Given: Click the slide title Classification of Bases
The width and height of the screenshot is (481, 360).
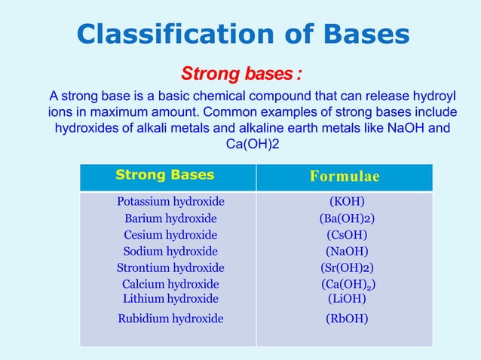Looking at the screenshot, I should tap(244, 34).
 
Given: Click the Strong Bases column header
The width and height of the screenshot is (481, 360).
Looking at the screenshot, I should tap(164, 175).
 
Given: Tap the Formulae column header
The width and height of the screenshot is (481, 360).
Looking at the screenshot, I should tap(345, 177).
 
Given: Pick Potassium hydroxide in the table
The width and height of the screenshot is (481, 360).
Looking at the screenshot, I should tap(170, 202).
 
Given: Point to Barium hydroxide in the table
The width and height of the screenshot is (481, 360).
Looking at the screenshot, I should tap(170, 218).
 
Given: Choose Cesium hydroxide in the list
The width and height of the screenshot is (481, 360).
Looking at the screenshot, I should tap(170, 235).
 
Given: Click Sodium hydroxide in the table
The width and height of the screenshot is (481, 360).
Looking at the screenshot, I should tap(170, 252).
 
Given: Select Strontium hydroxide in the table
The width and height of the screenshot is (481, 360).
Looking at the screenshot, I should tap(170, 268).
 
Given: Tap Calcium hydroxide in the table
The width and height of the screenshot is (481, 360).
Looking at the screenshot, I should tap(170, 285).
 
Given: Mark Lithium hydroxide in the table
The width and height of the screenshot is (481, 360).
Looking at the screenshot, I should tap(170, 298).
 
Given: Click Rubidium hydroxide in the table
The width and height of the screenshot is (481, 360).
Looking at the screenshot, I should tap(170, 319).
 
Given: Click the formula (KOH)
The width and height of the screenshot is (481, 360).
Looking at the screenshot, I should tap(347, 202).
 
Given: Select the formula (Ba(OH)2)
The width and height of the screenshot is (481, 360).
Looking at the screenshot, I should tap(347, 218).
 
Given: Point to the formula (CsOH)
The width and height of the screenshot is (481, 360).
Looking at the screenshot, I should tap(347, 235).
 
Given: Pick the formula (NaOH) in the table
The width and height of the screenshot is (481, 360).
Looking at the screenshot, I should tap(347, 252).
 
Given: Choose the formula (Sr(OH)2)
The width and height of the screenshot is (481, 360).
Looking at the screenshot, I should tap(347, 268).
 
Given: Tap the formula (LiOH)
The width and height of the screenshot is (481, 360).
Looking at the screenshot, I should tap(347, 298).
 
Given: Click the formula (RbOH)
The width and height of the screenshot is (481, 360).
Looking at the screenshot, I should tap(347, 319).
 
